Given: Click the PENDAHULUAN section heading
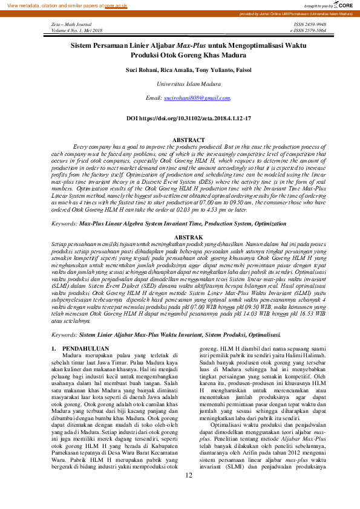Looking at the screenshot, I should [x=87, y=349].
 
